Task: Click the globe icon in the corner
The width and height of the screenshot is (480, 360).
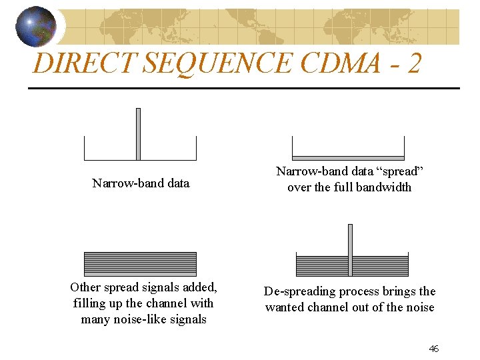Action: [x=36, y=27]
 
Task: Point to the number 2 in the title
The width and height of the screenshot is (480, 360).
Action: [x=413, y=63]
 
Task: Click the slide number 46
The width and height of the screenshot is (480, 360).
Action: [x=433, y=349]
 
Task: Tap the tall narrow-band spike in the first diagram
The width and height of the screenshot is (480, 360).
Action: [x=138, y=133]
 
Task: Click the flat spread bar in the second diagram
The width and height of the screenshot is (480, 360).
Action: [x=349, y=158]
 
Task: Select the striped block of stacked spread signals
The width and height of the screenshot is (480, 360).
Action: [x=140, y=264]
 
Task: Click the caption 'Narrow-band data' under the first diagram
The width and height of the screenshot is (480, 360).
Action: [x=141, y=183]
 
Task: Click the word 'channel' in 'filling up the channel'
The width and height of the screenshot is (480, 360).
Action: [x=169, y=303]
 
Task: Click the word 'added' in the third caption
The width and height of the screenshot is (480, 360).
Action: [x=199, y=287]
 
